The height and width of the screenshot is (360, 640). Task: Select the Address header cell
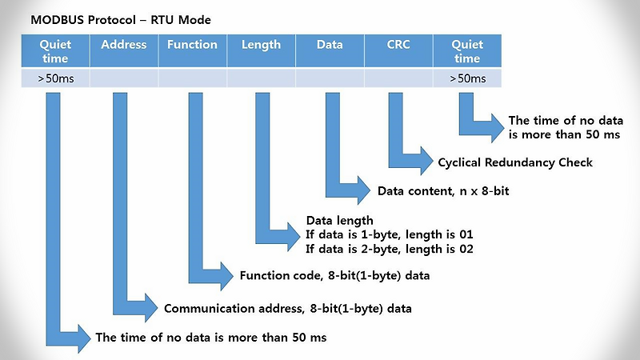pyautogui.click(x=124, y=50)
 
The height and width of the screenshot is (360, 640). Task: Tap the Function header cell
pyautogui.click(x=192, y=50)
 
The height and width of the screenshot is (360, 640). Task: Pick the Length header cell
pyautogui.click(x=261, y=50)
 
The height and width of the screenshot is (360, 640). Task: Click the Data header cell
pyautogui.click(x=330, y=50)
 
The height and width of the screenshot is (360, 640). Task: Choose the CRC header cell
pyautogui.click(x=398, y=50)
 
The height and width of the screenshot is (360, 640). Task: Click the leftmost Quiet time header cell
pyautogui.click(x=55, y=50)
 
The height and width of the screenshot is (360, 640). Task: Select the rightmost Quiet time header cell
pyautogui.click(x=467, y=50)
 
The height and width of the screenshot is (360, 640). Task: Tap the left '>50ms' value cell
pyautogui.click(x=55, y=78)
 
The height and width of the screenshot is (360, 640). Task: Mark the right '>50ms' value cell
pyautogui.click(x=467, y=78)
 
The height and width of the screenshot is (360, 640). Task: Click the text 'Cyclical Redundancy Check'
pyautogui.click(x=515, y=162)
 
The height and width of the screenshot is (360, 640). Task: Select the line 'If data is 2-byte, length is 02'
pyautogui.click(x=390, y=249)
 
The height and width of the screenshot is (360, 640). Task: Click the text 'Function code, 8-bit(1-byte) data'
pyautogui.click(x=334, y=277)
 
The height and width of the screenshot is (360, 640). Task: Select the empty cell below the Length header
pyautogui.click(x=261, y=78)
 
